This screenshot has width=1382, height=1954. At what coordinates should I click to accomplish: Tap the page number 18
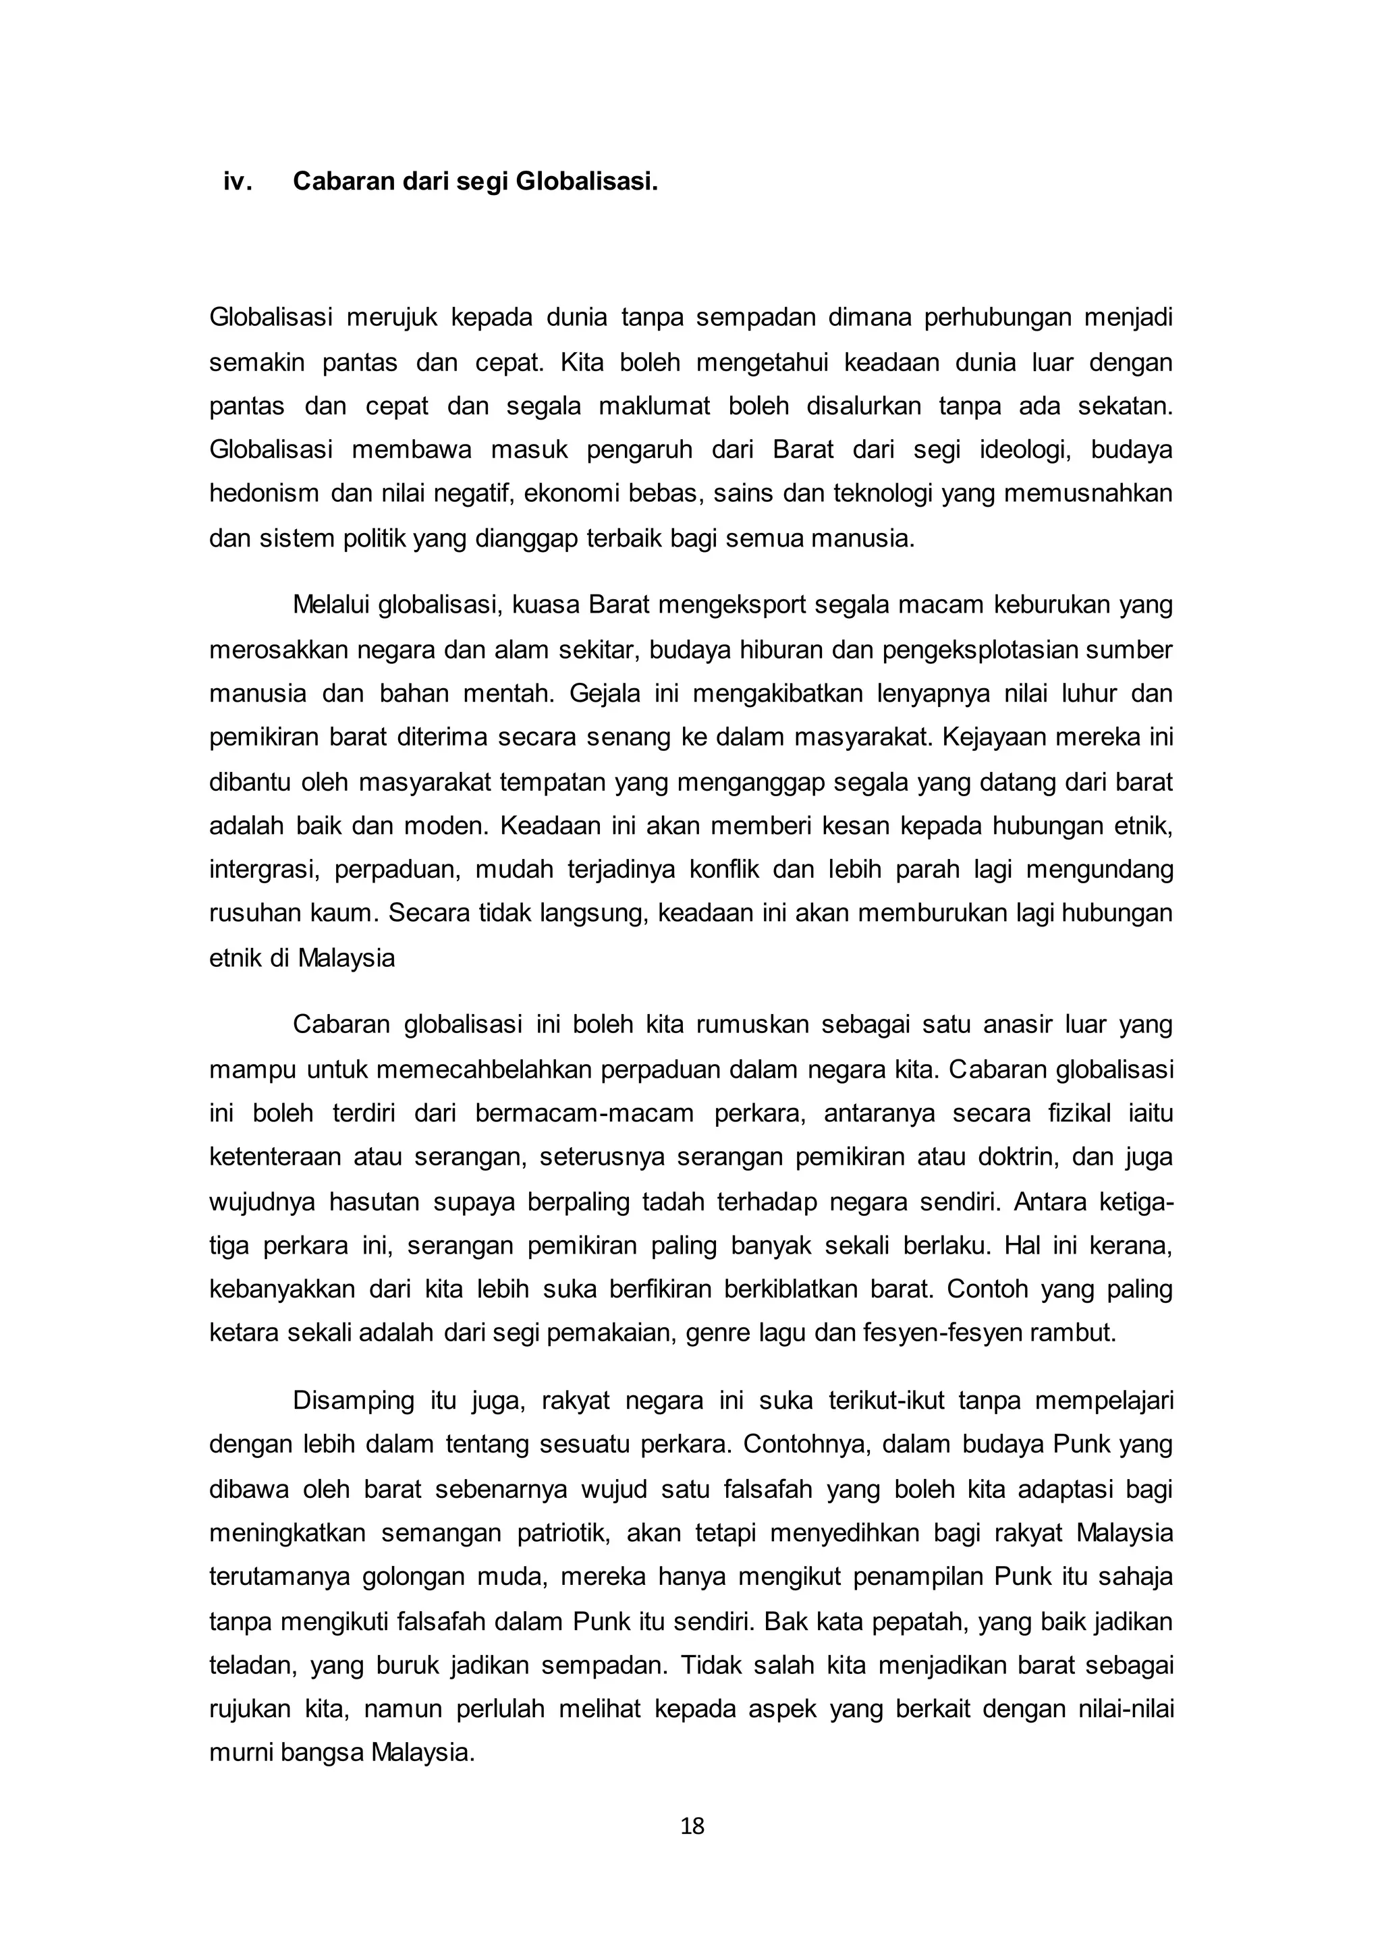(692, 1826)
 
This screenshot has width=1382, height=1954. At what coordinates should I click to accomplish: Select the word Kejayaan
(995, 737)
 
